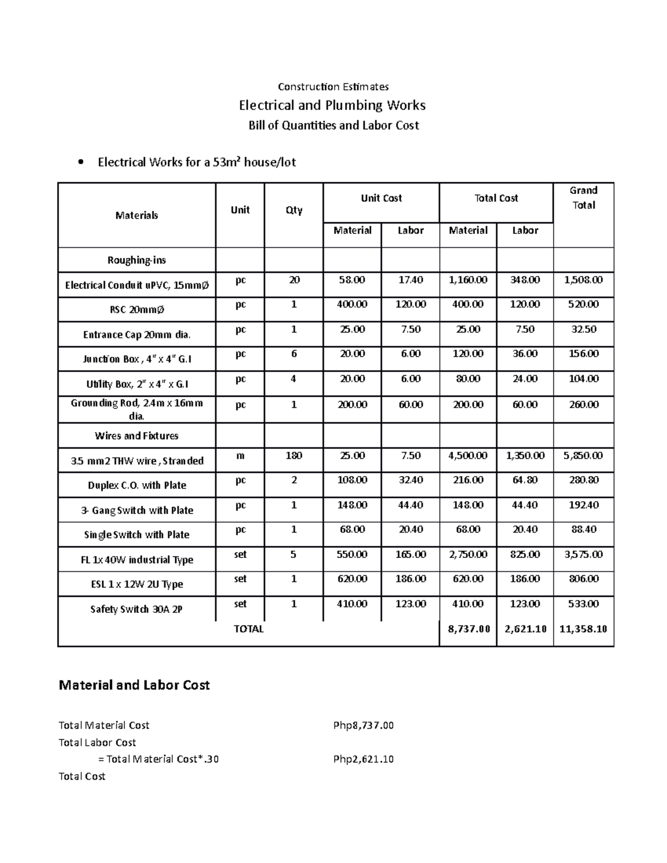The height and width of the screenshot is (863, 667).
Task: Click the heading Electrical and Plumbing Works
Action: (x=332, y=105)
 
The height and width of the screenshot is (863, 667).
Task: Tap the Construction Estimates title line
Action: (x=333, y=87)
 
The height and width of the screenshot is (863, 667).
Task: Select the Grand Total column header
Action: (x=583, y=198)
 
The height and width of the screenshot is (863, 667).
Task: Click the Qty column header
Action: (x=293, y=210)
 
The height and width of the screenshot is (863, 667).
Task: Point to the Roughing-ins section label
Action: (x=137, y=260)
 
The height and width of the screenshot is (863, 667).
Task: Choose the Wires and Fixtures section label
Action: (x=137, y=436)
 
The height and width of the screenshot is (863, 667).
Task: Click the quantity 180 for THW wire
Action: (x=293, y=456)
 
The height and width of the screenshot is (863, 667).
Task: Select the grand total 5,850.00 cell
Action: (x=583, y=456)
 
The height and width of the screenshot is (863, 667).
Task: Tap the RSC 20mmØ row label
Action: (x=137, y=310)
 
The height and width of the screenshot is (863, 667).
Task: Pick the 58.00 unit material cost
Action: (x=352, y=280)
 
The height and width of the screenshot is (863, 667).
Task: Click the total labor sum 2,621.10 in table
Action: (x=525, y=629)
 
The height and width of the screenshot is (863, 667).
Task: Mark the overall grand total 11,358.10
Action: (x=583, y=629)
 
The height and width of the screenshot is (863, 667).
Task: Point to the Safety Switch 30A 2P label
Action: (x=137, y=609)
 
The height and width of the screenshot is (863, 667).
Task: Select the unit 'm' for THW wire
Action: (x=240, y=456)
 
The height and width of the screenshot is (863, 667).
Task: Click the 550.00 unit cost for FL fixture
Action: (x=352, y=555)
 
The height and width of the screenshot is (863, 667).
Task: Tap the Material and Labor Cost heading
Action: (x=134, y=685)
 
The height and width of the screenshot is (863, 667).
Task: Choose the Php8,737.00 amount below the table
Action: (x=364, y=725)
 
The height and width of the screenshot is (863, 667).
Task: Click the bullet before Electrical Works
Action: (x=81, y=163)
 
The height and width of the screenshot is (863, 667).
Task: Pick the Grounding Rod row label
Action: (x=137, y=409)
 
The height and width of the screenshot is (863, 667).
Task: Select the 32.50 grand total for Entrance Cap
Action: (x=583, y=330)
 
